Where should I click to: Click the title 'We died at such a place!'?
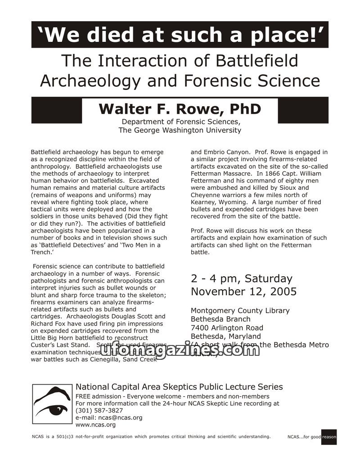[180, 35]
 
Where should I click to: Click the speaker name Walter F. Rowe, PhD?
[180, 109]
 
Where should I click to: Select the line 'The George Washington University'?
[180, 130]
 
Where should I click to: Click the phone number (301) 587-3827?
[99, 410]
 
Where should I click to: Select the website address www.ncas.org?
[95, 425]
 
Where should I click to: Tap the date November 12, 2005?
[243, 291]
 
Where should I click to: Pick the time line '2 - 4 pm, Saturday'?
[241, 278]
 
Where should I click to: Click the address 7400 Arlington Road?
[227, 328]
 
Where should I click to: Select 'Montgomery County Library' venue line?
[240, 311]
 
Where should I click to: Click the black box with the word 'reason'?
[329, 437]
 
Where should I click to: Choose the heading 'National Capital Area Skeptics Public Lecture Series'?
[179, 387]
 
